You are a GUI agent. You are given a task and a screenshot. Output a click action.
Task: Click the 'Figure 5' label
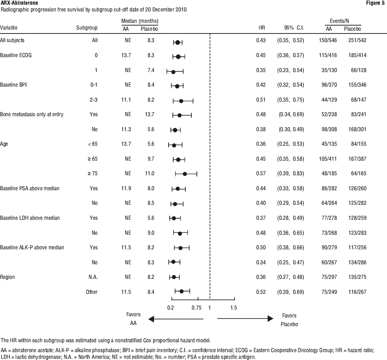375,3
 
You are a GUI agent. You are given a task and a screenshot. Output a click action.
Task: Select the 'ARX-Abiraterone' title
19,3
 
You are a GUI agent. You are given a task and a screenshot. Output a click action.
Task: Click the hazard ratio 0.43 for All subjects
261,40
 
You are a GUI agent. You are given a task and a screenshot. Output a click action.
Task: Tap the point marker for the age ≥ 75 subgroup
185,174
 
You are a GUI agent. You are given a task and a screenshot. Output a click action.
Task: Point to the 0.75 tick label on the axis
196,308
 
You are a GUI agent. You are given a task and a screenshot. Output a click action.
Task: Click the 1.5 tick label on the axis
233,308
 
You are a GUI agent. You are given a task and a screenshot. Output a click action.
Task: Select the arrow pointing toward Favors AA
176,319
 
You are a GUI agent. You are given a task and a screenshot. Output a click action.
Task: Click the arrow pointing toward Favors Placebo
245,319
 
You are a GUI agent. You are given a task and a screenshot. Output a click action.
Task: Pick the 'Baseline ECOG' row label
16,55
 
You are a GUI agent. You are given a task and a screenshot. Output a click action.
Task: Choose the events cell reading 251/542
357,40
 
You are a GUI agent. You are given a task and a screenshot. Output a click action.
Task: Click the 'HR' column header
262,28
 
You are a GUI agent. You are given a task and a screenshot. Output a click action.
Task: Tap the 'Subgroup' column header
87,28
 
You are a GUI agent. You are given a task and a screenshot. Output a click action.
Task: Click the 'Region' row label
7,277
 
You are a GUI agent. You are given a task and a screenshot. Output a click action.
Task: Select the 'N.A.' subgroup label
93,277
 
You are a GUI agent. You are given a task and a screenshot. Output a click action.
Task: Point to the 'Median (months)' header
140,21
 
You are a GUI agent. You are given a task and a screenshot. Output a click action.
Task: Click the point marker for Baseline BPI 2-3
181,101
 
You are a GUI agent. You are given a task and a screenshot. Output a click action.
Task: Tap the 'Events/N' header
339,21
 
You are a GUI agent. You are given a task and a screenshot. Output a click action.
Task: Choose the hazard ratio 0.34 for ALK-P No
261,262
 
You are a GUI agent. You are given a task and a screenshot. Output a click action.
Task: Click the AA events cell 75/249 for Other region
329,292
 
